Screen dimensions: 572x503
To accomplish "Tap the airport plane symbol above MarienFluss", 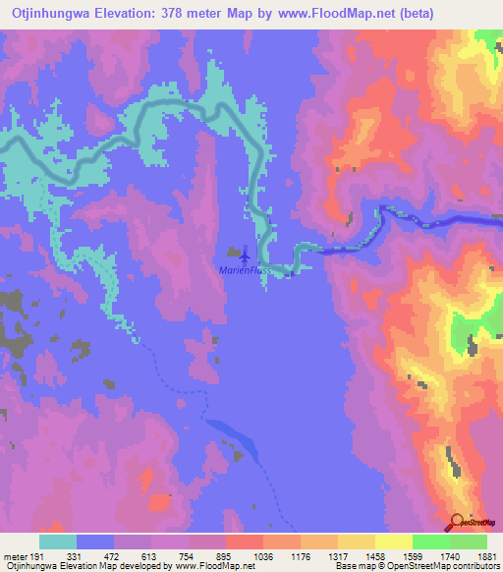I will (x=244, y=257).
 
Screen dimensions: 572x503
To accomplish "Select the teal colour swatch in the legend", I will (x=58, y=542).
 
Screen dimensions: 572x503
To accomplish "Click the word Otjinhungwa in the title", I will (x=49, y=13).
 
